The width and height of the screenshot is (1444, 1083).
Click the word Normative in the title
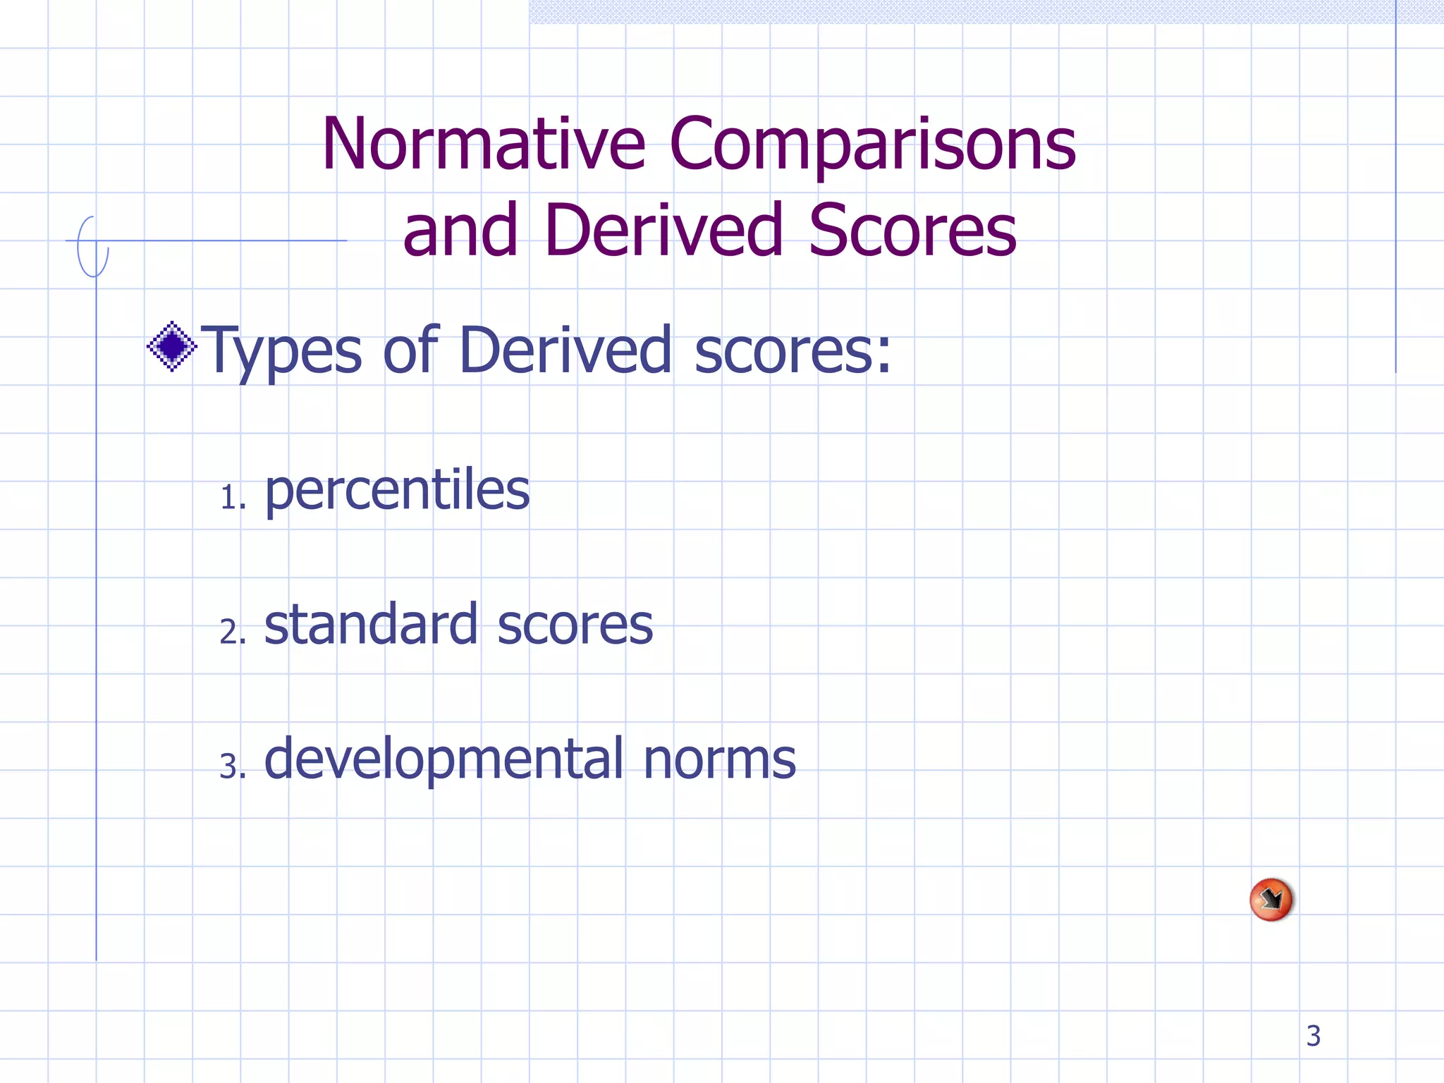click(484, 144)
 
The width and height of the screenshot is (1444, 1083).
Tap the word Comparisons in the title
click(872, 145)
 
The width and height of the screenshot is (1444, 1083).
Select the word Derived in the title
click(663, 230)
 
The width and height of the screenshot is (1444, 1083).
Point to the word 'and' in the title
click(460, 230)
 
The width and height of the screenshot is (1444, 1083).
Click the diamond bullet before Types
click(171, 346)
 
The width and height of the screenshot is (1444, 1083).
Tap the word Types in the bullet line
click(281, 351)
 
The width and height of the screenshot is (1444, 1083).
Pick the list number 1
click(232, 498)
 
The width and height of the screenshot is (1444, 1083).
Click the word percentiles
click(397, 491)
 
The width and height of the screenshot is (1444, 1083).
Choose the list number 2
click(232, 632)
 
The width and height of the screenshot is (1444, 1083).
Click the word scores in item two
click(575, 625)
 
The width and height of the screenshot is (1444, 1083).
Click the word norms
click(719, 760)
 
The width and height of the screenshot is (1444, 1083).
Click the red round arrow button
click(1271, 900)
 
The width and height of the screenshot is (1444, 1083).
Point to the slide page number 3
click(1313, 1036)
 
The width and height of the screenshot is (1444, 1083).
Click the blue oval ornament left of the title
click(92, 247)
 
